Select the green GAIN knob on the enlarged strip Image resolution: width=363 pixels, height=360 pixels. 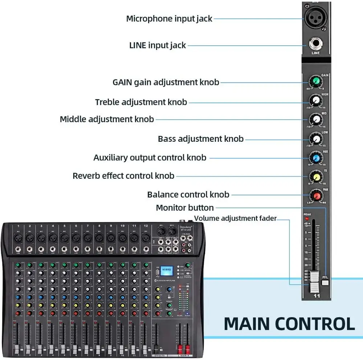coord(316,82)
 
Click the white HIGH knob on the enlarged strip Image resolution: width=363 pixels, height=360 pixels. coord(316,100)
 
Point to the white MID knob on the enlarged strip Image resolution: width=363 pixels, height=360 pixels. coord(316,119)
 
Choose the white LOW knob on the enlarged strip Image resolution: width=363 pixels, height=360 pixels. coord(316,138)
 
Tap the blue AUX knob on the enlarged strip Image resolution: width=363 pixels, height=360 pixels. coord(316,157)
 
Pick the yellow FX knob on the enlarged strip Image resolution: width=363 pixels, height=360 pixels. coord(316,177)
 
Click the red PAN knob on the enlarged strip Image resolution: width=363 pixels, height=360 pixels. coord(316,196)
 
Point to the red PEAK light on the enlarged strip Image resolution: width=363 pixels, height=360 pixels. coord(307,219)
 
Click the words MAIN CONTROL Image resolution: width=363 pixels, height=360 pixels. coord(289,324)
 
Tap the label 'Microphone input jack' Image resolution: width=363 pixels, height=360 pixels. coord(169,18)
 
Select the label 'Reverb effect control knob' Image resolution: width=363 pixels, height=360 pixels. coord(123,176)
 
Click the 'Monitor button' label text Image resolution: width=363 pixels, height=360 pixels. coord(185,208)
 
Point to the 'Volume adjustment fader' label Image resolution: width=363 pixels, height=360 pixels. coord(235,218)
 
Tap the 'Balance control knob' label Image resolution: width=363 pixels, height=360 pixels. coord(188,195)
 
